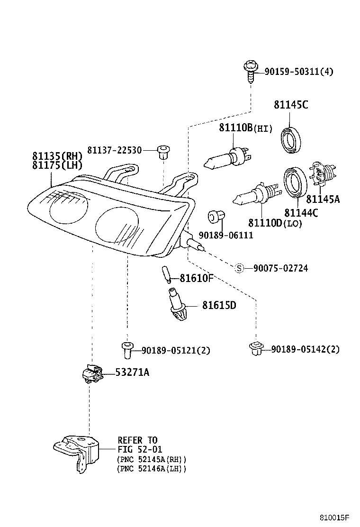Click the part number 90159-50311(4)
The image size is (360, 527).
[x=298, y=72]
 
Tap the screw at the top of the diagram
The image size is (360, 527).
[x=251, y=71]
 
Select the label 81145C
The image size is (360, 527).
[x=290, y=105]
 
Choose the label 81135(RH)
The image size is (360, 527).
[x=57, y=156]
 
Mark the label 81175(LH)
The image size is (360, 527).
[x=57, y=165]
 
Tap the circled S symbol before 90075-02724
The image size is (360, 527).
[x=240, y=268]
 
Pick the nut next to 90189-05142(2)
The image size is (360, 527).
[x=255, y=348]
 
